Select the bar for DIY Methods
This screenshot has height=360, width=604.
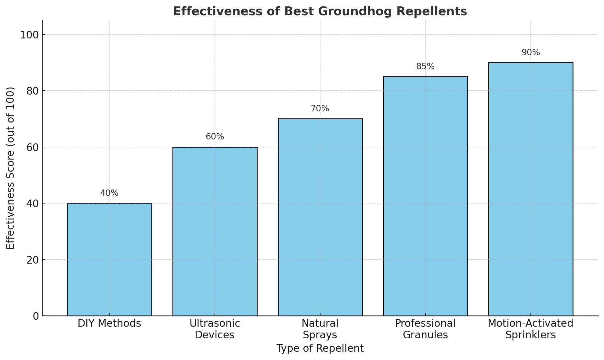pos(109,259)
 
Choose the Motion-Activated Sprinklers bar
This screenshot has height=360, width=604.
pos(530,189)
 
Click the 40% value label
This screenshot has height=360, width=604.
pos(109,193)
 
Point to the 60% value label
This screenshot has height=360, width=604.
pos(215,137)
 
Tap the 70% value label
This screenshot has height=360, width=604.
pos(320,109)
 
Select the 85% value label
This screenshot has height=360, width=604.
pos(425,67)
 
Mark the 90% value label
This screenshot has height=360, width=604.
pos(530,52)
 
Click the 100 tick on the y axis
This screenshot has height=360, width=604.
pos(30,35)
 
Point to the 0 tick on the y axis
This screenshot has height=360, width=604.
pos(36,316)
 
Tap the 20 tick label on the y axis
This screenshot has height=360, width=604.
pos(33,260)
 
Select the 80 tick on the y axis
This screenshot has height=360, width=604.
pos(33,91)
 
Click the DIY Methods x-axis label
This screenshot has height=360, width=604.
pos(109,323)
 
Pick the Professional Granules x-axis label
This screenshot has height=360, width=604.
pos(425,329)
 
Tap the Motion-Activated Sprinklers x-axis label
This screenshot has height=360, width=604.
pos(530,329)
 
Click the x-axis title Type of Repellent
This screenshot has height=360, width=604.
pos(320,348)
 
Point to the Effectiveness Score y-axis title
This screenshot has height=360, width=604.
pos(11,168)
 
